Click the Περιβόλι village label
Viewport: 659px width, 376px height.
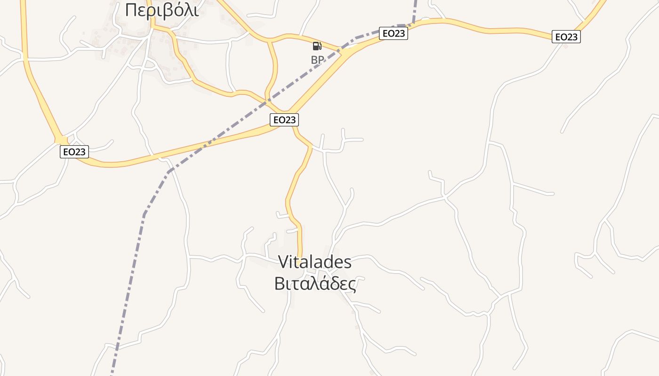161,9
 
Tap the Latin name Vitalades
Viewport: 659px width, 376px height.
314,262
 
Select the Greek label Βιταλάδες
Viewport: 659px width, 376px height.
314,283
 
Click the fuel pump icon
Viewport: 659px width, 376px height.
317,46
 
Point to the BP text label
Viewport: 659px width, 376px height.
317,60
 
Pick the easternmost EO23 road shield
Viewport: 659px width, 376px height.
566,37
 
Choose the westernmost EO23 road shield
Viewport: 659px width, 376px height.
74,152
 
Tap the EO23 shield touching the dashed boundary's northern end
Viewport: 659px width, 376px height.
393,33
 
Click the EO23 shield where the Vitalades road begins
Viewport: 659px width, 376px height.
284,120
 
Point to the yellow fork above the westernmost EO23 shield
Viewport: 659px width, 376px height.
61,140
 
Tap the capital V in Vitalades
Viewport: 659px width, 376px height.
283,262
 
